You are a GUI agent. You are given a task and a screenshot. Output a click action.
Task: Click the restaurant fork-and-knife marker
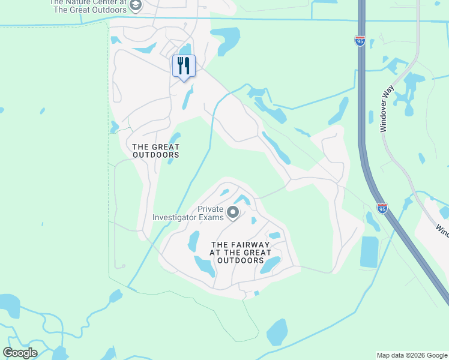[184, 66]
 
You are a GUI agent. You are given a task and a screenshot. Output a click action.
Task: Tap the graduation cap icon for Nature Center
[136, 6]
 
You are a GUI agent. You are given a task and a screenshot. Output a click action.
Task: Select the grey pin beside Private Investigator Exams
[232, 212]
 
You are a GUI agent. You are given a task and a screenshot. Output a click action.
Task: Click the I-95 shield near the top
[360, 40]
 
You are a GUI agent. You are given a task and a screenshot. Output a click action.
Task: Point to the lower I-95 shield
[382, 208]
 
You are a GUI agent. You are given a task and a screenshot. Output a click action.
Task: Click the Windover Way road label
[386, 108]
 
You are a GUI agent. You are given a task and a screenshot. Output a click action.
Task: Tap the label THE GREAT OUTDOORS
[155, 151]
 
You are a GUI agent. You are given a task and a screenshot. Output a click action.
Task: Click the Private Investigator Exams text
[187, 214]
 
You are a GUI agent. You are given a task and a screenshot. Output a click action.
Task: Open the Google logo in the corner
[20, 353]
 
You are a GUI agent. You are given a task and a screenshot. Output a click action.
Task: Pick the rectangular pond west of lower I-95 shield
[370, 252]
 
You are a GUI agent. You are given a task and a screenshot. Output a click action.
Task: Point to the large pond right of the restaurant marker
[224, 40]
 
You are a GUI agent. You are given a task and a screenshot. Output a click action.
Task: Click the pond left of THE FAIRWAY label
[193, 241]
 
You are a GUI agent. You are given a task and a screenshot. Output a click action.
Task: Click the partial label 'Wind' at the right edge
[442, 230]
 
